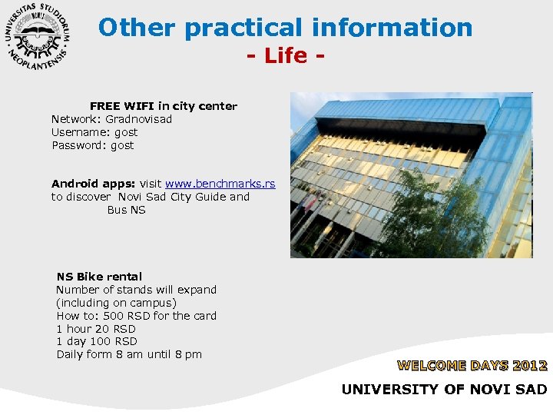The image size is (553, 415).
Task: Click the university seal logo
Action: [38, 38]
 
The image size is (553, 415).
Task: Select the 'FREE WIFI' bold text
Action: [122, 106]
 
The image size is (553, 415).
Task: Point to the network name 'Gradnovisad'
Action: [139, 119]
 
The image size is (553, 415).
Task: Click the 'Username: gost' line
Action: [94, 132]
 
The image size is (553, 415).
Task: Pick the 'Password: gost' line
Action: [92, 145]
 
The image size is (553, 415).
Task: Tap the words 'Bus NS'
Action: [126, 210]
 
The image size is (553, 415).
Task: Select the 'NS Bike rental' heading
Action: [99, 277]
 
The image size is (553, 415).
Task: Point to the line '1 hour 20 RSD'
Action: [96, 329]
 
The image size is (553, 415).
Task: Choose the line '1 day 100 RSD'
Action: [97, 341]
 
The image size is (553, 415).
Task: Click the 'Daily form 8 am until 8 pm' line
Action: [129, 354]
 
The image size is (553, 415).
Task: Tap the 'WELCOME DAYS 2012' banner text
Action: [472, 366]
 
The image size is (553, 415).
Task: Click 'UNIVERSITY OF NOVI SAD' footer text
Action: [444, 390]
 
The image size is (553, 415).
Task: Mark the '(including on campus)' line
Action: [116, 303]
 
